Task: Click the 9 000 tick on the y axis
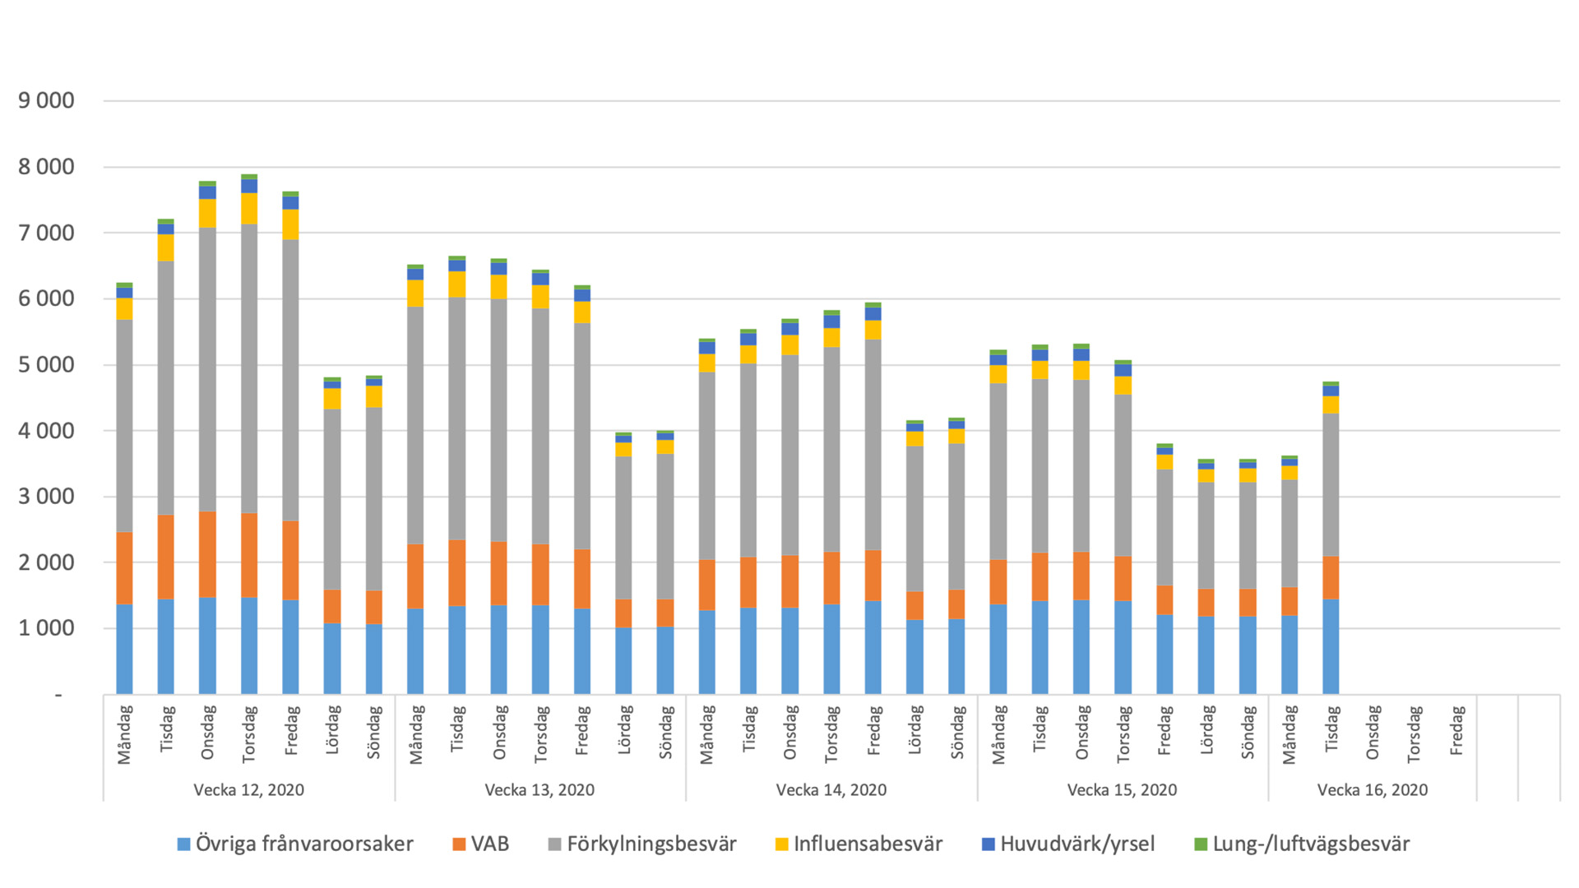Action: pos(46,101)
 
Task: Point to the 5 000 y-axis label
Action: pos(46,364)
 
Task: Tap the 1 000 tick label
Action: pos(46,628)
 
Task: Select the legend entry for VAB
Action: pos(489,844)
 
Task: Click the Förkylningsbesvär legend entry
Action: pos(651,844)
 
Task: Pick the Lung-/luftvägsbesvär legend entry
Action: pos(1310,844)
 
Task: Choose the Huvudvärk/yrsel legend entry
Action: pos(1077,844)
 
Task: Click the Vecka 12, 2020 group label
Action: pos(248,790)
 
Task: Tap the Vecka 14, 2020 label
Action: pos(831,790)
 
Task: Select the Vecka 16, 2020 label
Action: pos(1372,790)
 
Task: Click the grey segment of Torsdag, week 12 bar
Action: pos(249,370)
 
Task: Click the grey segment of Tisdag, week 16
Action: pos(1331,485)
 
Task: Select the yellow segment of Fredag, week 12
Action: pos(290,224)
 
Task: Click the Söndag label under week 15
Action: pos(1248,732)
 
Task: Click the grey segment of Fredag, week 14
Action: pos(873,444)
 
